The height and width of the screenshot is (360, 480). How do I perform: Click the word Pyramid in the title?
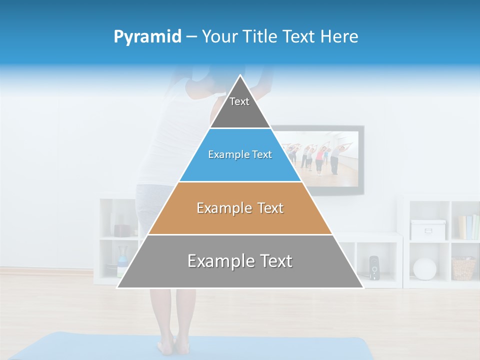tap(147, 37)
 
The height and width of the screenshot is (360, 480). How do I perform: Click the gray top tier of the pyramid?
tap(239, 107)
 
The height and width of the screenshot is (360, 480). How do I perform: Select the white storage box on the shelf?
tap(427, 229)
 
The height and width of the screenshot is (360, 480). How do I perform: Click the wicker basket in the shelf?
tap(463, 268)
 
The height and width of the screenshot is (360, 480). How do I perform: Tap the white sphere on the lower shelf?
tap(424, 269)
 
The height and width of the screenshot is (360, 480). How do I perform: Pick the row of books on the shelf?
tap(468, 227)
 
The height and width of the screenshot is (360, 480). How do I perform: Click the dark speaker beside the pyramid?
tap(374, 267)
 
